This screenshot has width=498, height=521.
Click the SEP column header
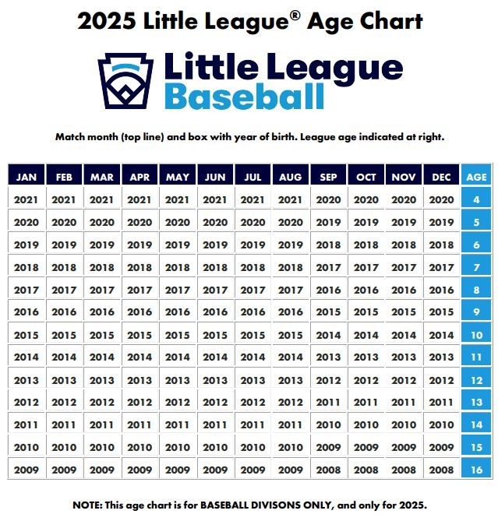[x=328, y=177]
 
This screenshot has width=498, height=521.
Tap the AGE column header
[x=476, y=177]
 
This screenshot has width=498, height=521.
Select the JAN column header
[x=26, y=177]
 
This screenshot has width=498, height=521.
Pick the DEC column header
[x=442, y=177]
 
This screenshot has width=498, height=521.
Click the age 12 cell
[x=476, y=380]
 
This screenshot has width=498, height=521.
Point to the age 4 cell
[x=476, y=199]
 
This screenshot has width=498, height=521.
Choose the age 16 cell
[x=476, y=470]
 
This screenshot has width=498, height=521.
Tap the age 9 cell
[x=476, y=312]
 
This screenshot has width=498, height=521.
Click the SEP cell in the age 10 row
[x=328, y=335]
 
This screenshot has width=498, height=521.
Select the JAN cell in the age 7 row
[x=26, y=267]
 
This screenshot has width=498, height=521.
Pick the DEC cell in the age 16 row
[x=442, y=470]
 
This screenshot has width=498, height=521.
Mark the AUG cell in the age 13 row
[x=291, y=403]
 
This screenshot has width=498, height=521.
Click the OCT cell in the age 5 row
[x=366, y=222]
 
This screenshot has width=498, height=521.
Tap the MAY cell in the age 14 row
[x=178, y=425]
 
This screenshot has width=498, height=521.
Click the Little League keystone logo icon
[x=125, y=81]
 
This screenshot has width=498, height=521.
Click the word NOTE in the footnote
[x=88, y=505]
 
